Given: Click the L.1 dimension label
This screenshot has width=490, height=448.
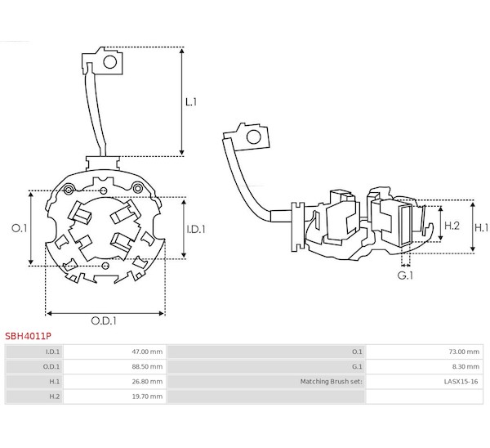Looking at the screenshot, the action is click(x=191, y=102).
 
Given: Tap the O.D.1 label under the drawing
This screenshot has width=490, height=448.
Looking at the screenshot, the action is click(x=104, y=320).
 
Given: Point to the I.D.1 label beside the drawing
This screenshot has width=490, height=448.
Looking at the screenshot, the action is click(x=196, y=230).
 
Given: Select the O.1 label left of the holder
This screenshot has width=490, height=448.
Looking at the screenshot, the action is click(x=20, y=228).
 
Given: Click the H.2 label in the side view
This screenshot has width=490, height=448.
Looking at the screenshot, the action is click(x=452, y=226).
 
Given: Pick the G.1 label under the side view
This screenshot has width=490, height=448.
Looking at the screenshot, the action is click(x=405, y=276).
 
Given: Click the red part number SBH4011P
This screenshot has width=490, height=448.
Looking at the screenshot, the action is click(x=28, y=336).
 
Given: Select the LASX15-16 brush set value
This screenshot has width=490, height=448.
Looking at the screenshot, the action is click(x=461, y=382).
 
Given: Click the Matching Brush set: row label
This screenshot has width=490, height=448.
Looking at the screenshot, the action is click(x=332, y=382).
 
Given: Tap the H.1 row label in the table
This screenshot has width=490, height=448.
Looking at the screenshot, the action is click(x=55, y=382).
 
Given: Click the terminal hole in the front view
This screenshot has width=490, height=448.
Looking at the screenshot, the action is click(x=110, y=61).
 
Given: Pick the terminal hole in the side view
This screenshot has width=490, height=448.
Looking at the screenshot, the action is click(x=253, y=137).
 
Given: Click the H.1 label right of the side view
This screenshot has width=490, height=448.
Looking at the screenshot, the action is click(x=482, y=228).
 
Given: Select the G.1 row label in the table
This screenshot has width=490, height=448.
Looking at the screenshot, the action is click(x=357, y=367).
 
